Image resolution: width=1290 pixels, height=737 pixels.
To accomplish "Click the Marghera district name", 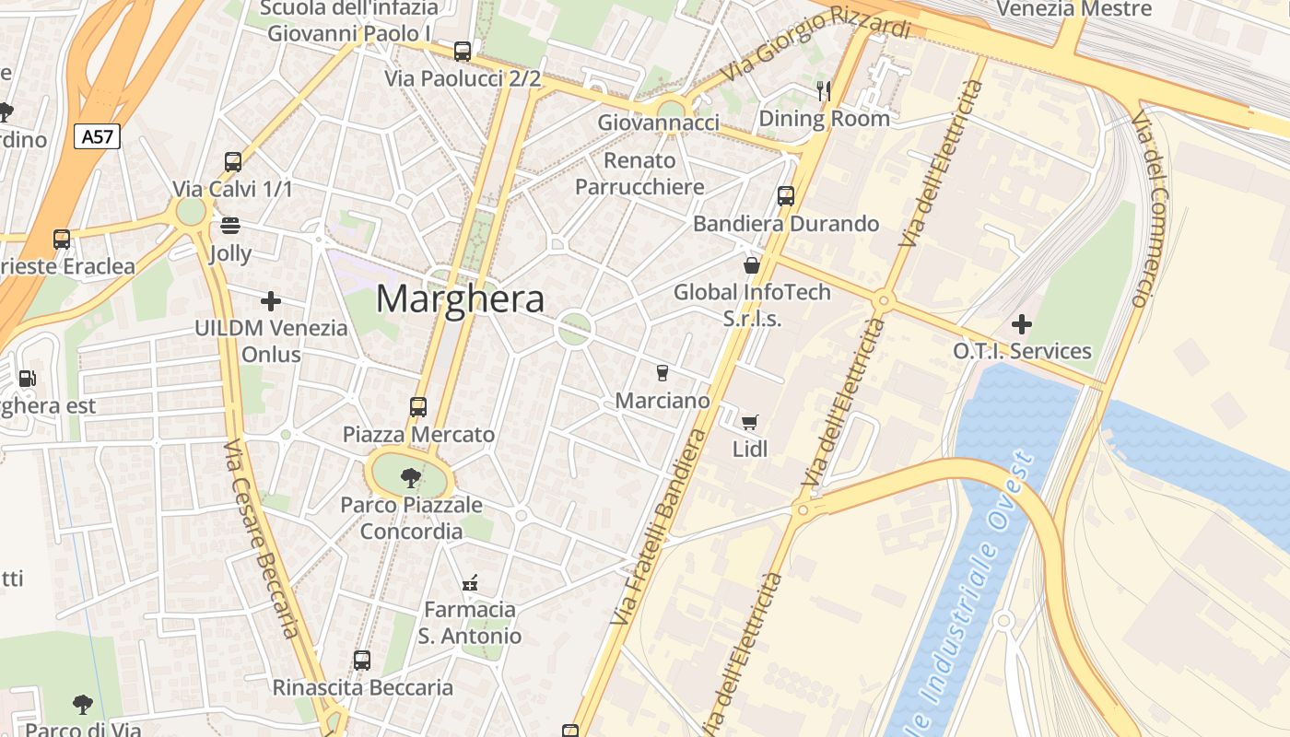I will [x=460, y=299].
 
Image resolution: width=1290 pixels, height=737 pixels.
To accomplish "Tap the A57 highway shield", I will [x=97, y=137].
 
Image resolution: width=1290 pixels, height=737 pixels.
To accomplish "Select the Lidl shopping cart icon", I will [x=750, y=422].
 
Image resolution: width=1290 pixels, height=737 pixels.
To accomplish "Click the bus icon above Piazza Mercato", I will [x=418, y=406].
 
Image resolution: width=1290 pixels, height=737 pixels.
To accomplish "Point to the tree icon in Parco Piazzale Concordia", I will [x=411, y=477].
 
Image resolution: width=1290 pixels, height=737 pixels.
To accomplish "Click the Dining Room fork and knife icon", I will [x=824, y=90].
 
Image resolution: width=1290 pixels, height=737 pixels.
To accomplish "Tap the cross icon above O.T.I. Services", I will [x=1021, y=324].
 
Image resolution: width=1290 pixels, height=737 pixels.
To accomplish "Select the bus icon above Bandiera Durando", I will [x=785, y=195].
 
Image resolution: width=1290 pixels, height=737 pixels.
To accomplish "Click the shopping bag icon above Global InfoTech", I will [x=751, y=265].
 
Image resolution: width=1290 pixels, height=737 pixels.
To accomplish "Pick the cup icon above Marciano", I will [x=662, y=372].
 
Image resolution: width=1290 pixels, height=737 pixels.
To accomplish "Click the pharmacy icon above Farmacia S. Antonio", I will [x=469, y=582].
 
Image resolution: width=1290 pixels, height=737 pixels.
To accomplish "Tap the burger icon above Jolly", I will [x=230, y=226].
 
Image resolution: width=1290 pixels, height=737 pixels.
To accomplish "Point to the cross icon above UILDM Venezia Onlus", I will [x=271, y=301].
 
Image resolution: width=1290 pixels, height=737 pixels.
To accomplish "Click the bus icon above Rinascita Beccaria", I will [x=362, y=660].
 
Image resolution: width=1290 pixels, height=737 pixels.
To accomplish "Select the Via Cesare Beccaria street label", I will [x=262, y=539].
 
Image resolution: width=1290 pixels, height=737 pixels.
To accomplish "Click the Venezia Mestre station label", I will [x=1074, y=9].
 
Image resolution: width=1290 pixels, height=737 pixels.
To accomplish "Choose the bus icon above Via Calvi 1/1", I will [x=233, y=162].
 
